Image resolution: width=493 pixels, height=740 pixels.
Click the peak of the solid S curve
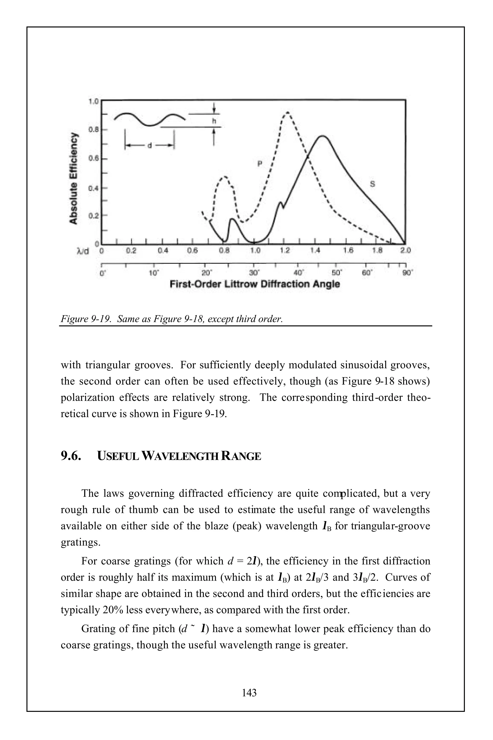pyautogui.click(x=323, y=136)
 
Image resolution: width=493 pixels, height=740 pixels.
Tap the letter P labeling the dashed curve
pyautogui.click(x=260, y=164)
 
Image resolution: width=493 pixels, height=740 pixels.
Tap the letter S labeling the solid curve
pyautogui.click(x=372, y=184)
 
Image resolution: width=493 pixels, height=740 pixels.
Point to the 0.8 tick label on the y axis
pyautogui.click(x=93, y=129)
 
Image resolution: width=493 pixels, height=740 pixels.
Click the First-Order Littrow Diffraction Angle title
pyautogui.click(x=255, y=284)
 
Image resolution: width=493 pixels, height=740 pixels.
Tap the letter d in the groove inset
pyautogui.click(x=150, y=145)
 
